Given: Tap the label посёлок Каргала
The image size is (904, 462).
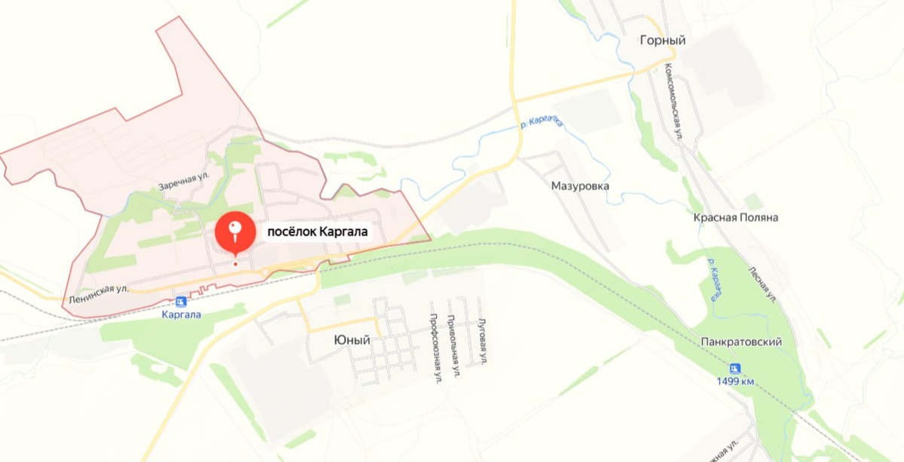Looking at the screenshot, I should click(x=316, y=232).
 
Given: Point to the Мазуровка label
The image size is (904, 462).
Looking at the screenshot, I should click(x=580, y=185).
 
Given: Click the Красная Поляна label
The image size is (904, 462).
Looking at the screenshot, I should click(x=735, y=217).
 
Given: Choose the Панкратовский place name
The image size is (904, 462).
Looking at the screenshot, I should click(x=741, y=342).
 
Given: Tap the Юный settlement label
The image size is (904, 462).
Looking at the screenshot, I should click(x=352, y=340).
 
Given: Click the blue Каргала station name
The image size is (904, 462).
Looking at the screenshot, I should click(x=182, y=315).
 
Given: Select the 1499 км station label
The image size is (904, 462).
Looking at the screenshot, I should click(x=735, y=381).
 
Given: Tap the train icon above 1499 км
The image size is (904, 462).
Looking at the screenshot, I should click(x=735, y=368).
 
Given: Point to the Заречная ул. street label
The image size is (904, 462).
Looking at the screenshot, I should click(x=183, y=181).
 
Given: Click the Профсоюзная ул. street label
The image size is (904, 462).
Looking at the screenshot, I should click(x=435, y=348).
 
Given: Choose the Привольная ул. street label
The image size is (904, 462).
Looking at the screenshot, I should click(x=454, y=345).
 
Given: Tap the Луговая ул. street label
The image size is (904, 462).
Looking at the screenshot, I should click(x=482, y=342).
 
